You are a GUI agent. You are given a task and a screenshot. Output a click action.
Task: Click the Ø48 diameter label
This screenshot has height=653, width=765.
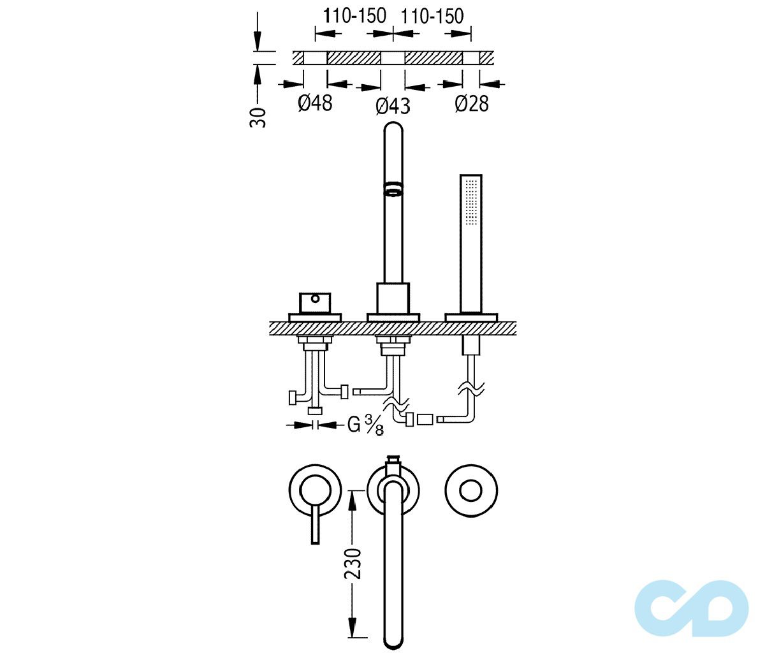point(315,103)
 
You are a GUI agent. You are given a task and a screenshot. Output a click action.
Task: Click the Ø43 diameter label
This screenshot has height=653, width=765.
point(393,106)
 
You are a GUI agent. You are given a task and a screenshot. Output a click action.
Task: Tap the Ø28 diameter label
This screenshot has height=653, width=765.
point(472,103)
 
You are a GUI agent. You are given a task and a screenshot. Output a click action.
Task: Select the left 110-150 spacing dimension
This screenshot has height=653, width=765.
point(354,17)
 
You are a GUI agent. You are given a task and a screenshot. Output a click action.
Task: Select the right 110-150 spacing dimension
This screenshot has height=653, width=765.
point(432,17)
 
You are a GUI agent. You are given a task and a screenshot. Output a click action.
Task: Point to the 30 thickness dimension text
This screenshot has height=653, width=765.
point(258,118)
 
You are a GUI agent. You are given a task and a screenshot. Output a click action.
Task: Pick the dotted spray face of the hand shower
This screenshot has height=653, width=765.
point(471,201)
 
